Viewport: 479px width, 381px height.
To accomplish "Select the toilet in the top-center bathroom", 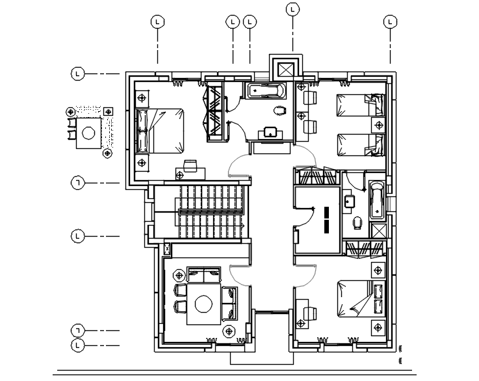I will [x=279, y=110].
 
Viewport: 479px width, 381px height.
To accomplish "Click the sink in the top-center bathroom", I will [x=270, y=133].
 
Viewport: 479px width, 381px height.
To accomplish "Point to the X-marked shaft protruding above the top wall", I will [x=286, y=69].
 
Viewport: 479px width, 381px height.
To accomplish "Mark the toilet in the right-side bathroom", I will [x=357, y=223].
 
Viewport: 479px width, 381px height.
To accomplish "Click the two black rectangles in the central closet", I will [x=327, y=219].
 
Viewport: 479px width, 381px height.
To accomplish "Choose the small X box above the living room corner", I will [x=168, y=248].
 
